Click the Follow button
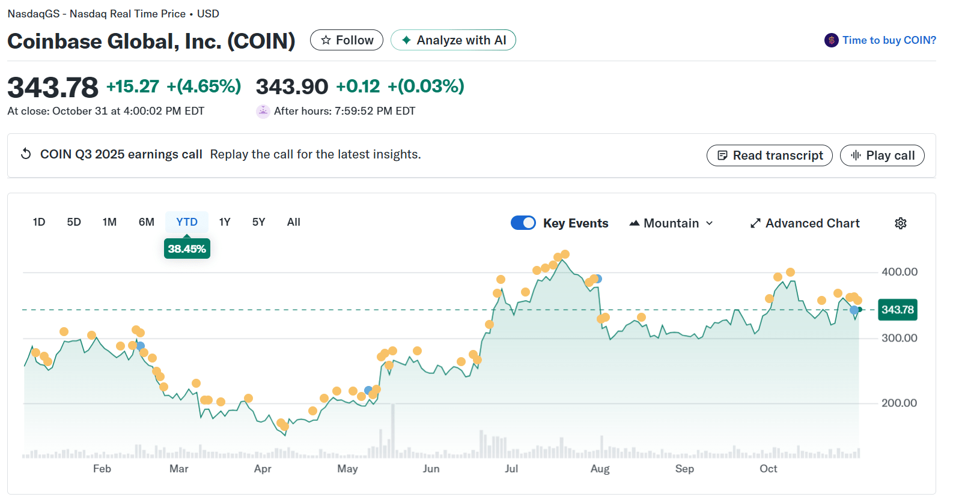coord(347,40)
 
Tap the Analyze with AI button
coord(453,40)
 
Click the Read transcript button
coord(770,155)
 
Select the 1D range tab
coord(39,222)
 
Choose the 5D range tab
coord(74,222)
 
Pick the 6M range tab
coord(147,222)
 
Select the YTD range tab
coord(187,222)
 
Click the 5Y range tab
coord(258,222)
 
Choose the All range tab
coord(294,222)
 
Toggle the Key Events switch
coord(523,223)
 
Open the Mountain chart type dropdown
coord(671,223)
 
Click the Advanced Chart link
coord(805,223)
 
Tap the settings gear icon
coord(900,223)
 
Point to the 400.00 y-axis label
coord(899,272)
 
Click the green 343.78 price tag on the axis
coord(897,310)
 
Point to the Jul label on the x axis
coord(511,469)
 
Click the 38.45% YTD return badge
coord(187,248)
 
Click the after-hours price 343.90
coord(292,86)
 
